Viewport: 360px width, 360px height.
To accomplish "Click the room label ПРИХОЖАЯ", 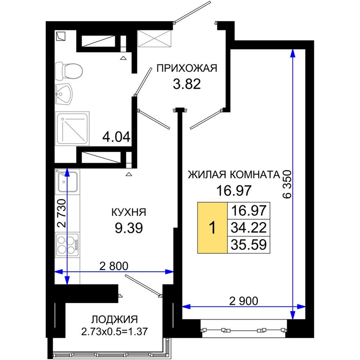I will pos(187,68).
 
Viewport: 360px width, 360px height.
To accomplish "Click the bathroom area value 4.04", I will pos(117,136).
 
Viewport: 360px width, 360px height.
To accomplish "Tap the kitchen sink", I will pos(67,181).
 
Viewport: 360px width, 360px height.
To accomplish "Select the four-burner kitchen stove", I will pos(67,244).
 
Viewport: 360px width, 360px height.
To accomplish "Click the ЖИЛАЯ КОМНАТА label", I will pos(233,175).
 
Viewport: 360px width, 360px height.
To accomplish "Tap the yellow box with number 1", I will pos(212,227).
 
